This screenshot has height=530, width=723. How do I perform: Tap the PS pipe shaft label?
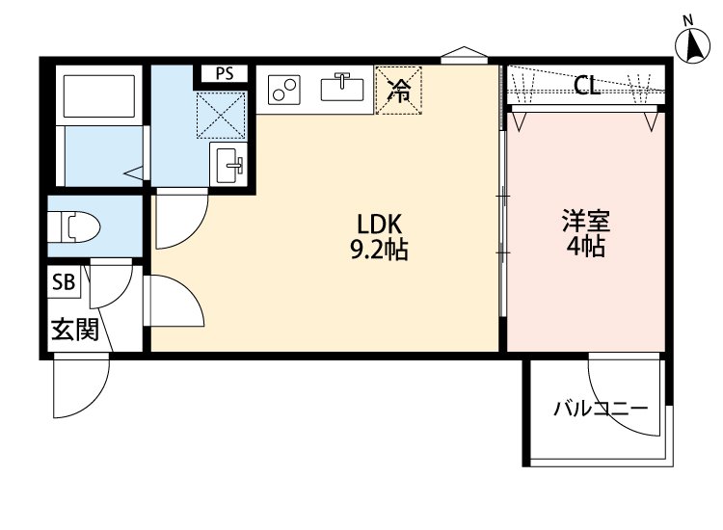[224, 73]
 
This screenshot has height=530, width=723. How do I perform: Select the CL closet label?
[586, 86]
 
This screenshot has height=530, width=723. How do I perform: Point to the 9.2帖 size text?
[378, 251]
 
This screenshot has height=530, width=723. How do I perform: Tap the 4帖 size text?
[585, 247]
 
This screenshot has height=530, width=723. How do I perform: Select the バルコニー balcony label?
[600, 409]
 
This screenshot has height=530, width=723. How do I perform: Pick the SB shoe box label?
[64, 282]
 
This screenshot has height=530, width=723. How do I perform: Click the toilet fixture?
[75, 227]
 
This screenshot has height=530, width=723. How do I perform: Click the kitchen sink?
[341, 88]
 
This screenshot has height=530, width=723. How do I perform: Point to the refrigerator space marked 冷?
[398, 90]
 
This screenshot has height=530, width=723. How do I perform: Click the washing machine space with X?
[222, 111]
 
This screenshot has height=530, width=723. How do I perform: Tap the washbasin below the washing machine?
[229, 165]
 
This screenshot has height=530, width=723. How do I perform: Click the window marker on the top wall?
[465, 54]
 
